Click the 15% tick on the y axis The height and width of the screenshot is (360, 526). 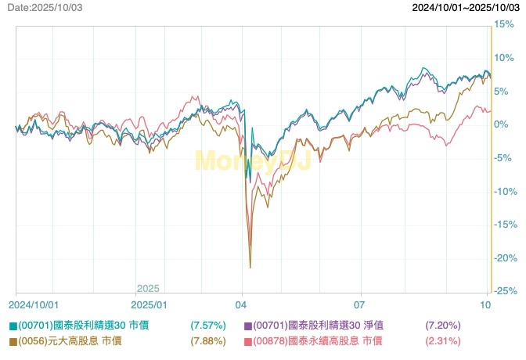(504, 25)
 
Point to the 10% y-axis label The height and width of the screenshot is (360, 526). (504, 59)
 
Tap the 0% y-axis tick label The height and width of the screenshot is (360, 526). (502, 125)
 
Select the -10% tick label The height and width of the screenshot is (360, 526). (506, 192)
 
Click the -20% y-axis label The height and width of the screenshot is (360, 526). (506, 258)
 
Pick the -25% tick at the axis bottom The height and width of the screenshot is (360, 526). (506, 291)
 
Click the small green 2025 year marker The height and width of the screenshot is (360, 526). (148, 288)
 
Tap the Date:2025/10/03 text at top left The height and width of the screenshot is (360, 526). (45, 7)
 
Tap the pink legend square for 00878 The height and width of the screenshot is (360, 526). (248, 341)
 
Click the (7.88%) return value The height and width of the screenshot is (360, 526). (208, 341)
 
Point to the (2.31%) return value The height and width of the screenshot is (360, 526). (442, 341)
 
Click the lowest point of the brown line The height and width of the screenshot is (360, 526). (250, 268)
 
